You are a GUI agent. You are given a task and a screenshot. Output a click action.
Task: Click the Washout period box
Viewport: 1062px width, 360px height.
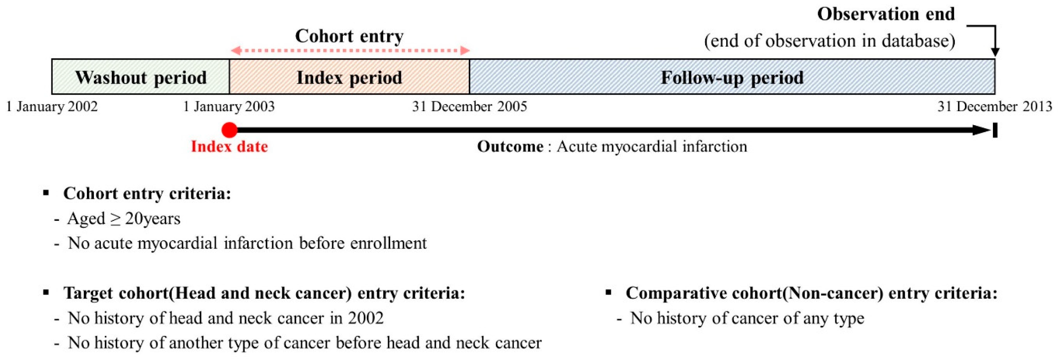140,77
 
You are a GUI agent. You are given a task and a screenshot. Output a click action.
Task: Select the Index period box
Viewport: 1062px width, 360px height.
349,77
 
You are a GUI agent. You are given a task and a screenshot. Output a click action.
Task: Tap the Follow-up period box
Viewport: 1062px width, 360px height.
732,77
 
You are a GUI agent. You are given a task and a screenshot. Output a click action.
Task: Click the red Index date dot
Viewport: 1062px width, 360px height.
229,130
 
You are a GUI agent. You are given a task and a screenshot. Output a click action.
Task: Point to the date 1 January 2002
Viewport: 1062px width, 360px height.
52,107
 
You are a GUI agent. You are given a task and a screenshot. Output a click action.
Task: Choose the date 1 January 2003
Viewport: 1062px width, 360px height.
229,107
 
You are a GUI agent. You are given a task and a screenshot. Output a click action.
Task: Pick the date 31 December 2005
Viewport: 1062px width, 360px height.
470,107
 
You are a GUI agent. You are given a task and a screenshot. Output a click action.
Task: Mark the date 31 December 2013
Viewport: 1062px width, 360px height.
994,107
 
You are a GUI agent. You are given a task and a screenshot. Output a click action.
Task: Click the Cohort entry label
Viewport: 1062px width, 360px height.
349,36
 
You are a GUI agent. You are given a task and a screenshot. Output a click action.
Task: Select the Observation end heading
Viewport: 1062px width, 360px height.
886,14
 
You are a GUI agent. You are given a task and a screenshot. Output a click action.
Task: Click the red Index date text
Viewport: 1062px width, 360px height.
229,147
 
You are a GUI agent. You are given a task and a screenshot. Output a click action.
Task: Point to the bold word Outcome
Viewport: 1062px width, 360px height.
510,147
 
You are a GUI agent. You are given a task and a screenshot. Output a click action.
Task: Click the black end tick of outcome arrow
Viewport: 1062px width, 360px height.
995,130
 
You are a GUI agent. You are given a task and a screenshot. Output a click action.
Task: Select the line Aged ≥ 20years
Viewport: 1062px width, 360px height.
124,218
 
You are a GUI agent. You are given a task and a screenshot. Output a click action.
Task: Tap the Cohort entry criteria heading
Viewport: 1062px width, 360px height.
147,193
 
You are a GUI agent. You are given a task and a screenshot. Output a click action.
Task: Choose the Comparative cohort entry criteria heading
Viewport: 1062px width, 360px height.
811,293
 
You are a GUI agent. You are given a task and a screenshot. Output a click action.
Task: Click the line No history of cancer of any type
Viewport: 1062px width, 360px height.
747,318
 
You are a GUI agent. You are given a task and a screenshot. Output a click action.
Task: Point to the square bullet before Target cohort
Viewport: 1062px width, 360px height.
46,293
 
